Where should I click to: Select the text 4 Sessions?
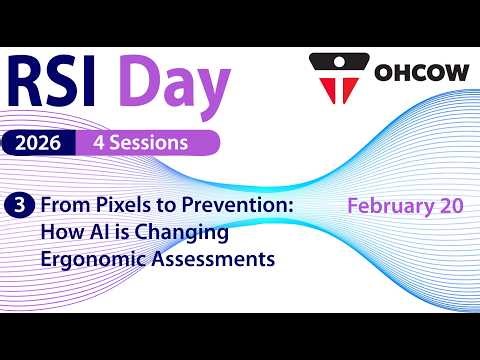140,142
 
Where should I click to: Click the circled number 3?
18,206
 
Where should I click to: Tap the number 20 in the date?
448,206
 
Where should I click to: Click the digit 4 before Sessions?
99,142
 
